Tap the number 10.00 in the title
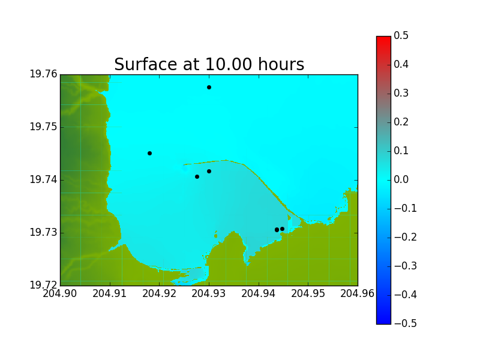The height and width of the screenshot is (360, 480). click(x=229, y=64)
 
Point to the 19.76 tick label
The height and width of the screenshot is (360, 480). click(x=43, y=74)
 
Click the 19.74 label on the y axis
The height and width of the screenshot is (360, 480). click(x=43, y=179)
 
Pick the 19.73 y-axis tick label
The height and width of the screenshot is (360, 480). click(x=43, y=232)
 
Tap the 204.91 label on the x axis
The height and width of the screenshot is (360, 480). click(x=109, y=293)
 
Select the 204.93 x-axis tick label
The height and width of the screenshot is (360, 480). click(x=208, y=293)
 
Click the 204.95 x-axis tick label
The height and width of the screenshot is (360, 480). click(x=308, y=293)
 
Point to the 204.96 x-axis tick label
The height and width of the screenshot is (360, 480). click(x=357, y=293)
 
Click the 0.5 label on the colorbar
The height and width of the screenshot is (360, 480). click(x=401, y=35)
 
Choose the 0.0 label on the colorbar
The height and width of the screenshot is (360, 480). click(x=401, y=179)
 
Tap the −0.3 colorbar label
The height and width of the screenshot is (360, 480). click(x=406, y=266)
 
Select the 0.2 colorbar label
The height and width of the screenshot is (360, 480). click(x=401, y=122)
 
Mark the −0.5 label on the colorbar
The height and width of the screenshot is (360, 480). click(x=406, y=323)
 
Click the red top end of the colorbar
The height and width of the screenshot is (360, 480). click(x=383, y=38)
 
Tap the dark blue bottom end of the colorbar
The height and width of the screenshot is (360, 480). click(x=383, y=322)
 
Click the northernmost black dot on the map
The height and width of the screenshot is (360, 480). click(x=209, y=87)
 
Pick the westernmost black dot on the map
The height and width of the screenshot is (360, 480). click(x=149, y=154)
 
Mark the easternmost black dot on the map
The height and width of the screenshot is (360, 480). click(x=282, y=229)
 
